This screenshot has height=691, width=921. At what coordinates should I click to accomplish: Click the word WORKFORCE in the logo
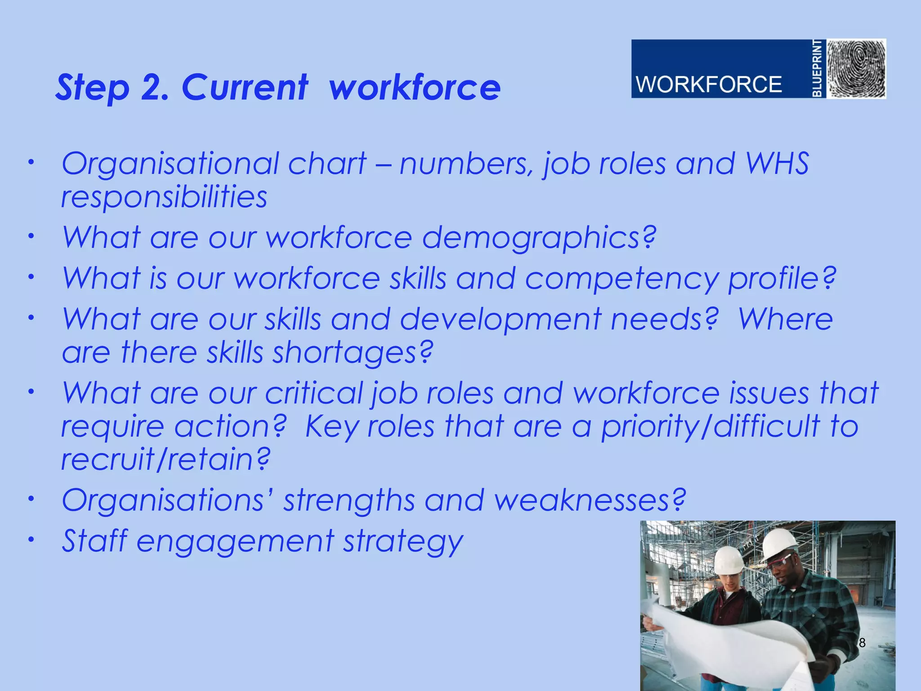click(709, 85)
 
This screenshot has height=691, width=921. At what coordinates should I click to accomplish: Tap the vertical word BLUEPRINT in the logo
click(818, 68)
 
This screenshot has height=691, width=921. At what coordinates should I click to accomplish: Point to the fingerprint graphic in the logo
click(857, 68)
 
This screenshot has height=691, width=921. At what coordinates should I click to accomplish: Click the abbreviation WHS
click(777, 163)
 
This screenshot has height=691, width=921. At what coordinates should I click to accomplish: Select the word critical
click(314, 393)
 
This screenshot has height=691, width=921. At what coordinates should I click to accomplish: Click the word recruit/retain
click(165, 459)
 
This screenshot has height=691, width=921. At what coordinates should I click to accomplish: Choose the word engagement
click(236, 541)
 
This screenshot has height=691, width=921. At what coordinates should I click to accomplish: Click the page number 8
click(862, 643)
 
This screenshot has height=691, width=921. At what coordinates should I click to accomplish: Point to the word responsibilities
click(164, 197)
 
